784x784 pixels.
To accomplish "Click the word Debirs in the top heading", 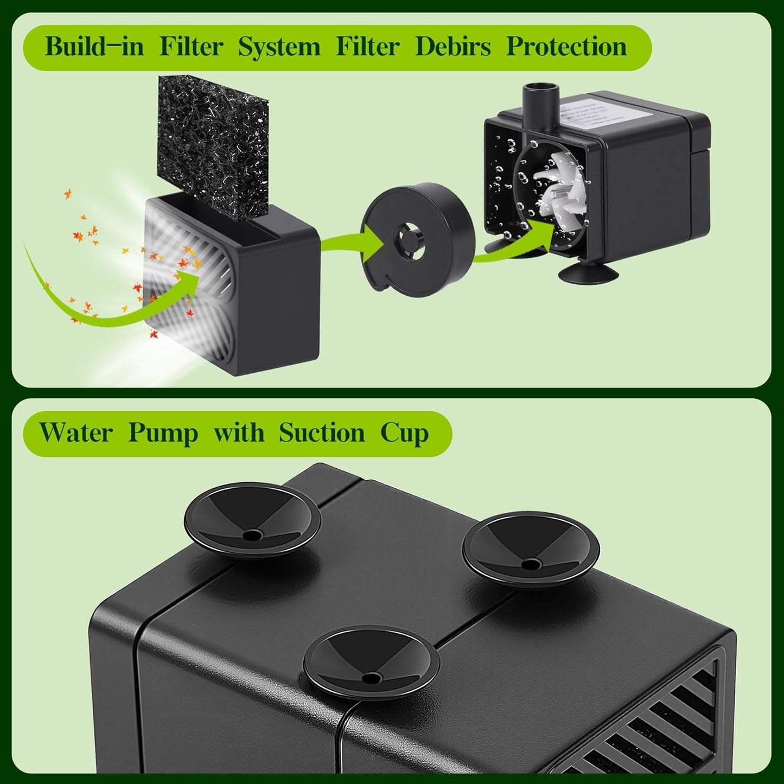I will click(453, 47).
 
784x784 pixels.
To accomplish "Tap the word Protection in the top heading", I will click(566, 47).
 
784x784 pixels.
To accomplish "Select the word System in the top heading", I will click(279, 47).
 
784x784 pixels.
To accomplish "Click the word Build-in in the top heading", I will click(94, 47).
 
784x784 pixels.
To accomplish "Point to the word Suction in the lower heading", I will click(322, 433).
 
